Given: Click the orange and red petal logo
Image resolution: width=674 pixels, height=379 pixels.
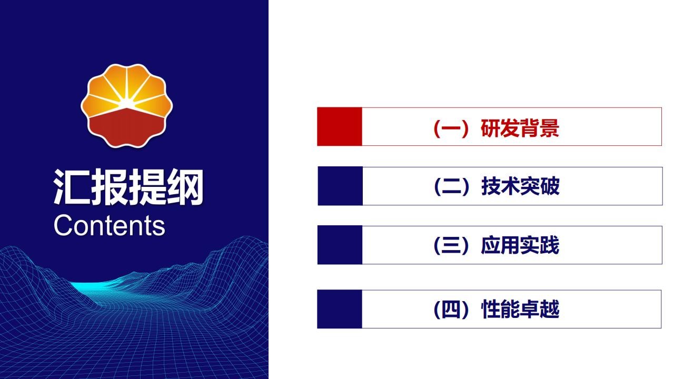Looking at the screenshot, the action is tap(127, 106).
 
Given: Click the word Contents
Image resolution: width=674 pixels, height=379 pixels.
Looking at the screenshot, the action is tap(109, 225).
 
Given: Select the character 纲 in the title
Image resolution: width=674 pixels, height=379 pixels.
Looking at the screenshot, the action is tap(185, 187).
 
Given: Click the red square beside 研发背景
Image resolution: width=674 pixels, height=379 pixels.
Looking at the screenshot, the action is tap(340, 126).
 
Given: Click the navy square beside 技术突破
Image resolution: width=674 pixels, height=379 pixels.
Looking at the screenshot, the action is tap(340, 186).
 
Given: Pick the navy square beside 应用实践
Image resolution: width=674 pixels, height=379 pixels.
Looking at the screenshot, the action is tap(340, 245).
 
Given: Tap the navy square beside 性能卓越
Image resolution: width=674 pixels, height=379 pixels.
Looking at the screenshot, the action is tap(340, 309).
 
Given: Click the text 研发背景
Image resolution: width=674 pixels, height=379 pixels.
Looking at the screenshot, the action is tap(520, 128).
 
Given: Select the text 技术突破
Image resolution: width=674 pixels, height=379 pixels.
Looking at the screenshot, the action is tap(520, 186).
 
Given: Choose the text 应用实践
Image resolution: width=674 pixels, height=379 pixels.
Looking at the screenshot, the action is tap(520, 245).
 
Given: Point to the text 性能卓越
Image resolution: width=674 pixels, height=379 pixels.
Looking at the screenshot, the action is tap(520, 309).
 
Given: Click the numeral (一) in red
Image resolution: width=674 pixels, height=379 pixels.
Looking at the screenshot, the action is tap(451, 128).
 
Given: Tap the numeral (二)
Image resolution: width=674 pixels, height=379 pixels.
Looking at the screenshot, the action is tap(452, 187).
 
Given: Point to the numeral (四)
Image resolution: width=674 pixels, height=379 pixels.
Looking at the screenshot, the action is tap(451, 310).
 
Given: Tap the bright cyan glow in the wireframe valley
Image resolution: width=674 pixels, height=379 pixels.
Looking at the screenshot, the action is tap(90, 286).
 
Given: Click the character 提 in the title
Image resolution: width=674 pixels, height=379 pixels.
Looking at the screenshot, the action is tap(147, 187).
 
